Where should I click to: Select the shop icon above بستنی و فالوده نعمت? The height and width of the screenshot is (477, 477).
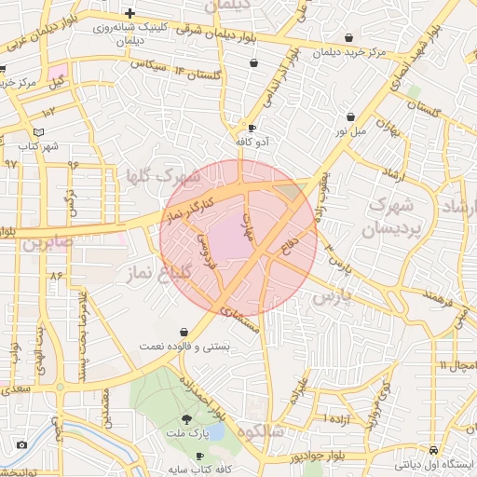click(x=184, y=332)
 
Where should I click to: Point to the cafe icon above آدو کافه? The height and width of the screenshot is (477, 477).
click(x=251, y=128)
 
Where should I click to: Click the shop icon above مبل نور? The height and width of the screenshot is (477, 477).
click(x=350, y=117)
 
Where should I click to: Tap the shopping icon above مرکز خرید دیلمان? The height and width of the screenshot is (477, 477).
click(x=348, y=38)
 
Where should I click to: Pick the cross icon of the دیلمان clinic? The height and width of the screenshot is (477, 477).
click(x=129, y=14)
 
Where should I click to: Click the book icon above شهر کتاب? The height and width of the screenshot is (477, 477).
click(x=38, y=132)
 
